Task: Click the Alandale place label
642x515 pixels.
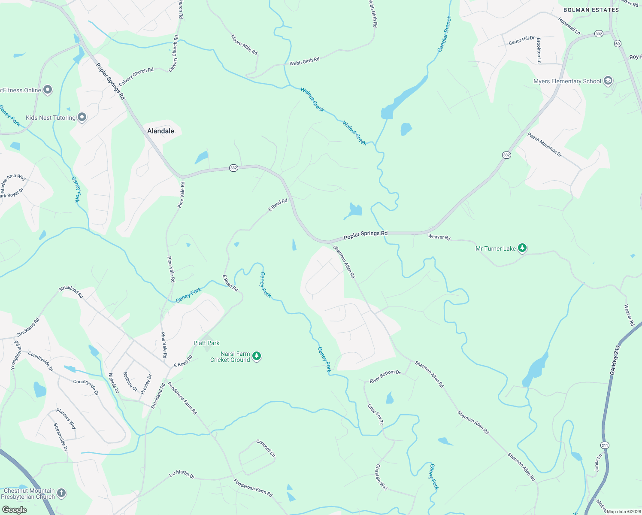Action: [x=160, y=131]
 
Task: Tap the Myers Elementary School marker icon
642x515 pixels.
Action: [x=608, y=81]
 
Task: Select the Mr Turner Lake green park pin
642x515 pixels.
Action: [x=522, y=248]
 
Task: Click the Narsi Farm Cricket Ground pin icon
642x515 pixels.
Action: [x=257, y=356]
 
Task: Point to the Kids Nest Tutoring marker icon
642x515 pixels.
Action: [x=82, y=117]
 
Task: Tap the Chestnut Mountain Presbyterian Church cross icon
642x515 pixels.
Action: [x=61, y=493]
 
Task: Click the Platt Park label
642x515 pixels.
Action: [x=206, y=343]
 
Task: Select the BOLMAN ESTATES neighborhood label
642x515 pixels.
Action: [x=591, y=10]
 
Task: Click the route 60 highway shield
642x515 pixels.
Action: [x=618, y=43]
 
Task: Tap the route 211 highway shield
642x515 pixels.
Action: [x=605, y=445]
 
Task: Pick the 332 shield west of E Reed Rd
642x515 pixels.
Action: [x=233, y=168]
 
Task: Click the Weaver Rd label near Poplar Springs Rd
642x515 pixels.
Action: [x=439, y=237]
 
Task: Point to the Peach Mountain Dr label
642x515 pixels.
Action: [x=545, y=145]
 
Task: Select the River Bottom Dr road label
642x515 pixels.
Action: [x=385, y=376]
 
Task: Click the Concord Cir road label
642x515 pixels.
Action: [x=266, y=448]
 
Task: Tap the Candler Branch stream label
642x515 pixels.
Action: [x=444, y=34]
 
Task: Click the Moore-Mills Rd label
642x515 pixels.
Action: [x=244, y=45]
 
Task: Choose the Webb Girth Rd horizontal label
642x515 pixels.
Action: [x=304, y=61]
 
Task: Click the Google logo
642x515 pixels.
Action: [x=14, y=510]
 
